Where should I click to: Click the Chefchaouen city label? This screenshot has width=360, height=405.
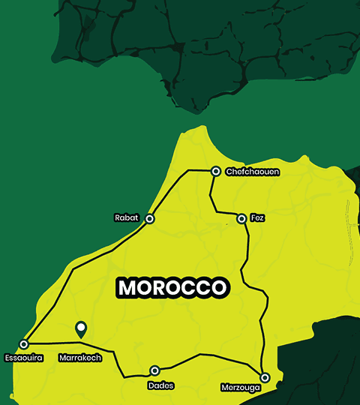point(253,172)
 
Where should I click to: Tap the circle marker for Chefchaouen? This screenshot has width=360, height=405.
point(215,171)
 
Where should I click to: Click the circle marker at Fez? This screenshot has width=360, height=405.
point(241,218)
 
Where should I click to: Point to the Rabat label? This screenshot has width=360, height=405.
point(126,218)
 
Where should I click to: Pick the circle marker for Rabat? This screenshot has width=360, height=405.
point(149,218)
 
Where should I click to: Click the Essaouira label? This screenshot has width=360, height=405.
point(23,358)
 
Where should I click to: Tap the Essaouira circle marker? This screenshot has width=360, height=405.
point(24,344)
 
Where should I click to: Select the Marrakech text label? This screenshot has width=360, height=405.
point(79,358)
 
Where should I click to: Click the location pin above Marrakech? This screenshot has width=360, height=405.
point(81,328)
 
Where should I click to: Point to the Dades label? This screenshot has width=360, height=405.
point(161,385)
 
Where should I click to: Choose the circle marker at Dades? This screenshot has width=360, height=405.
point(155,370)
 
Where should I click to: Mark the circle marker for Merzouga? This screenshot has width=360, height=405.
point(265,377)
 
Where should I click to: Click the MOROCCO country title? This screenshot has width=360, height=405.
point(172,287)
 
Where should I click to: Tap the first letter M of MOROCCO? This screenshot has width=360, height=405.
point(127,287)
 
